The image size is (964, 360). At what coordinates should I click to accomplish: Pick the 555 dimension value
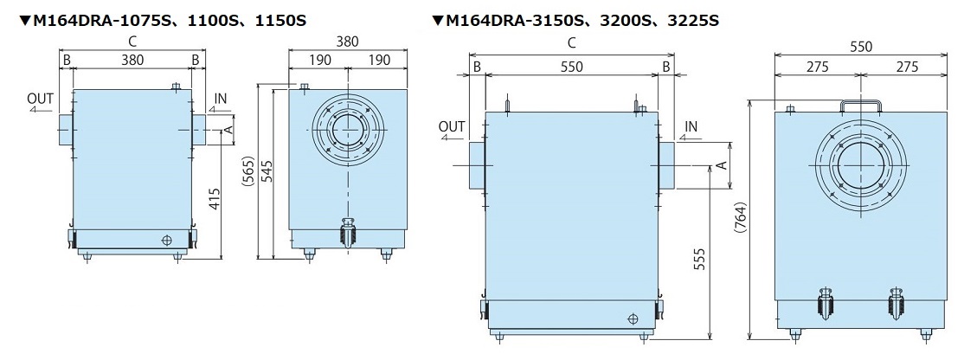point(699,263)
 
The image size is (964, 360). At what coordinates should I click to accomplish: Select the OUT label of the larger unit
point(451,127)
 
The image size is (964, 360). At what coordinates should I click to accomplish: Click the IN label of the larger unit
point(691,127)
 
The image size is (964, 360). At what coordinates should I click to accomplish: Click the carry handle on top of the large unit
point(861,106)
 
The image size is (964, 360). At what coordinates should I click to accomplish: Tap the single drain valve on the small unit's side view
point(348,233)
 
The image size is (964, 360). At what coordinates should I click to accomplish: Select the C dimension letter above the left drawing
point(131,41)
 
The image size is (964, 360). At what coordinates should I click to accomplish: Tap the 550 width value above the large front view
point(571,67)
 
